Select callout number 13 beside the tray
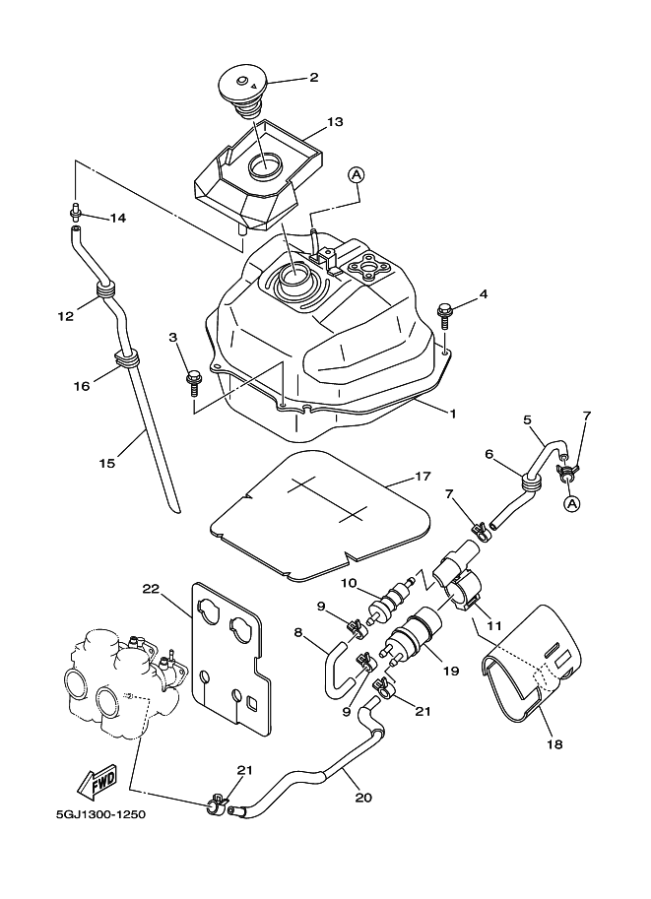click(x=335, y=122)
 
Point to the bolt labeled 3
click(x=194, y=376)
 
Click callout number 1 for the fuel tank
click(x=453, y=415)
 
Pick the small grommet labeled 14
click(x=75, y=209)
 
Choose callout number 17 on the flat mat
click(x=423, y=477)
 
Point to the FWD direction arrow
click(x=99, y=785)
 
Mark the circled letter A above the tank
click(x=357, y=174)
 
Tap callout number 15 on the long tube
click(x=107, y=463)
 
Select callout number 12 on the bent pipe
click(x=66, y=316)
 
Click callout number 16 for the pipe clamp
click(x=81, y=386)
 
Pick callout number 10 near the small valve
click(x=349, y=584)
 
